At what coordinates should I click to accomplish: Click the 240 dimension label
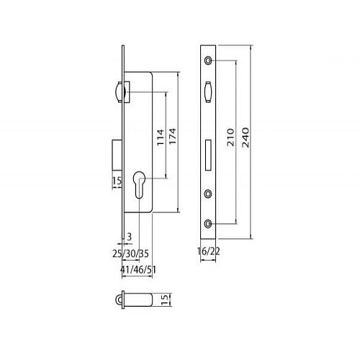point(246,138)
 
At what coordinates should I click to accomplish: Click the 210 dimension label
point(230,138)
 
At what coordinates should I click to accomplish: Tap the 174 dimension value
point(173,136)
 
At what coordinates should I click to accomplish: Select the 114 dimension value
point(161,137)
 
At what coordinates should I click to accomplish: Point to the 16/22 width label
point(208,251)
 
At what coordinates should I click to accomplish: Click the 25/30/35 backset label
point(130,253)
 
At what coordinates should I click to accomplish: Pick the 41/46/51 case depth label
point(138,270)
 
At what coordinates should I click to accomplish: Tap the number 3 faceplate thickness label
point(130,237)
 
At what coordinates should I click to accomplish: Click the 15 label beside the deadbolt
point(117,181)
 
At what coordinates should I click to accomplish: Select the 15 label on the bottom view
point(164,300)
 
